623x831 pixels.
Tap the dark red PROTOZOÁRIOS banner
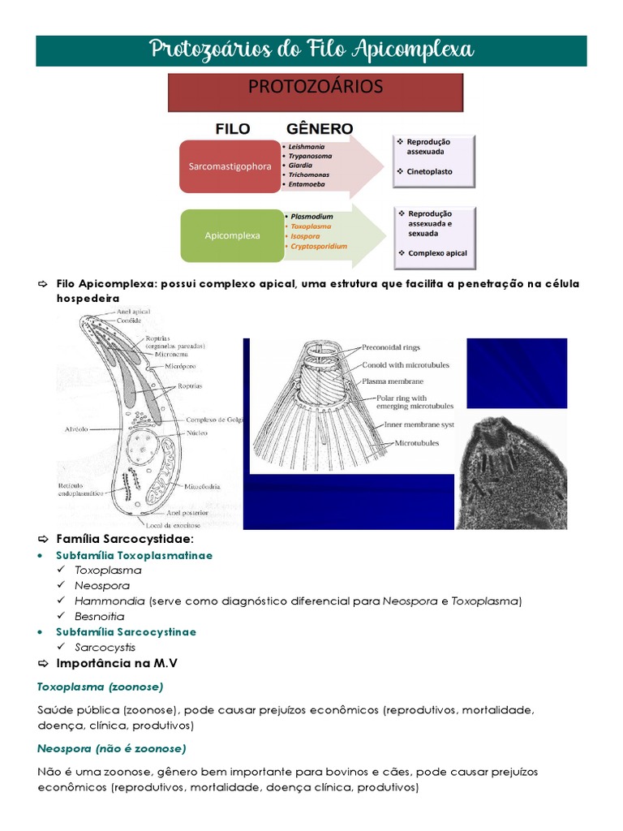(x=316, y=93)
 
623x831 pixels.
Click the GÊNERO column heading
(x=320, y=129)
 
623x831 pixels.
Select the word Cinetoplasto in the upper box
(x=429, y=172)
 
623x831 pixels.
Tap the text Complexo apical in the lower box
(x=437, y=253)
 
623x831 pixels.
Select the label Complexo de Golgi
(x=213, y=420)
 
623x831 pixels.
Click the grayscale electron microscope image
(x=511, y=471)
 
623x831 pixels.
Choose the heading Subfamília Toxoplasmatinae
(x=134, y=555)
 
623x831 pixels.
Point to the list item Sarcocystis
(x=105, y=648)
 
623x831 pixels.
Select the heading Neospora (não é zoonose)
(x=111, y=747)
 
